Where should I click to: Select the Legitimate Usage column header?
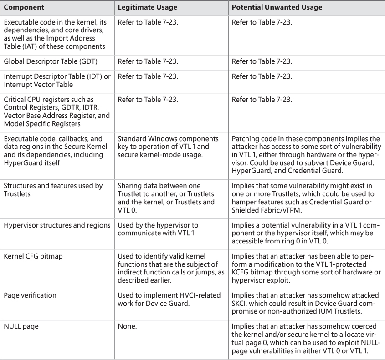click(x=144, y=8)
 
